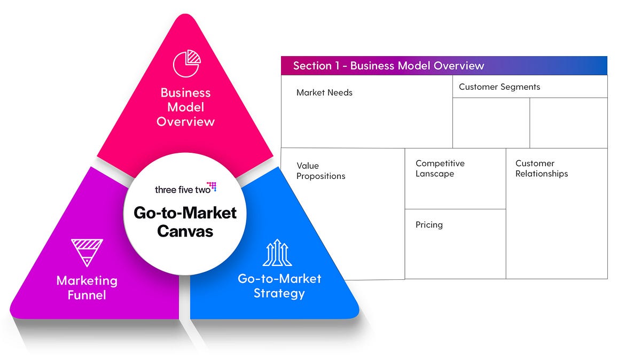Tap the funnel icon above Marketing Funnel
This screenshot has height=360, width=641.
pyautogui.click(x=87, y=253)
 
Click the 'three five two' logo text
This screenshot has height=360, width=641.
pyautogui.click(x=180, y=190)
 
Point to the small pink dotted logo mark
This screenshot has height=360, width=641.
pyautogui.click(x=212, y=186)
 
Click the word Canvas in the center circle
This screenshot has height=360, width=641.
pyautogui.click(x=185, y=231)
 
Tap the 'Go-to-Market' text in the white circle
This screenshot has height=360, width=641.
pyautogui.click(x=185, y=213)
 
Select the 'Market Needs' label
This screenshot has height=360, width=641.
pyautogui.click(x=324, y=92)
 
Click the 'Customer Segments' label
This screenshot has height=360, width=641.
pyautogui.click(x=499, y=87)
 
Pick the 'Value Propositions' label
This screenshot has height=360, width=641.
pyautogui.click(x=320, y=171)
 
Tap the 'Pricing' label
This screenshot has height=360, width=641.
pyautogui.click(x=429, y=225)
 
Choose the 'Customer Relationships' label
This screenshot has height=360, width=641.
pyautogui.click(x=541, y=168)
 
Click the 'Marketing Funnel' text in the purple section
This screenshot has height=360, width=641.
pyautogui.click(x=87, y=287)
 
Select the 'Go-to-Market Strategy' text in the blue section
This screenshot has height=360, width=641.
pyautogui.click(x=279, y=286)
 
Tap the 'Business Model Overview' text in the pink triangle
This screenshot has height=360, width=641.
pyautogui.click(x=185, y=107)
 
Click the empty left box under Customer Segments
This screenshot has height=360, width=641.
pyautogui.click(x=491, y=123)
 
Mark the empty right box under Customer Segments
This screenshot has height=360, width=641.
pyautogui.click(x=568, y=123)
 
